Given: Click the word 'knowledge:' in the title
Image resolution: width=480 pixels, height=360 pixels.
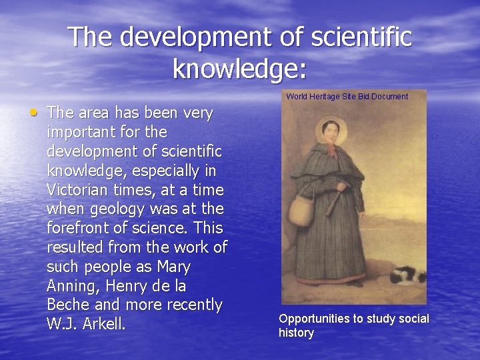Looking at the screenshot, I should [240, 67].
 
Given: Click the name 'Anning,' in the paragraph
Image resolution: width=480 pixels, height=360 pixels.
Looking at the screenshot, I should [73, 286].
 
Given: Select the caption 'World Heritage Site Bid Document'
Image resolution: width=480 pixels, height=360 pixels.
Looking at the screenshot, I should [347, 97].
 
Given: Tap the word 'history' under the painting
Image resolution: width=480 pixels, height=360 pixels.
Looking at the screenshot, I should [296, 333].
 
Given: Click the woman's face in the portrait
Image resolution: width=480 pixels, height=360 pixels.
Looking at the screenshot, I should [330, 131].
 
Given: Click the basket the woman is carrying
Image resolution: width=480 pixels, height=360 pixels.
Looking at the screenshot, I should [301, 209].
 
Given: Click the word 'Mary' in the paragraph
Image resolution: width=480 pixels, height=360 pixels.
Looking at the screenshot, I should [175, 267].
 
